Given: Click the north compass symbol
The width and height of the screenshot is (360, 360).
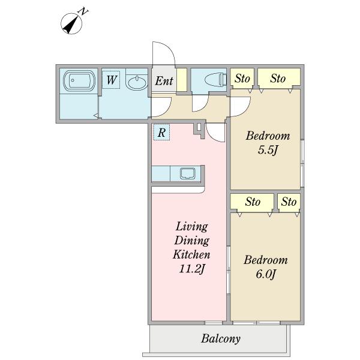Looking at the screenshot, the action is click(x=71, y=23).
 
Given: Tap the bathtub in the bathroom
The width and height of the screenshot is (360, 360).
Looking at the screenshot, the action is click(x=79, y=81).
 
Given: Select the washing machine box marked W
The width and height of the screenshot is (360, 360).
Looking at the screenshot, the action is click(x=111, y=80).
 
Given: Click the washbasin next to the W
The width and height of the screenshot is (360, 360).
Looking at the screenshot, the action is click(x=137, y=83).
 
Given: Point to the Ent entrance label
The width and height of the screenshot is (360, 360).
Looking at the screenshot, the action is click(x=164, y=81).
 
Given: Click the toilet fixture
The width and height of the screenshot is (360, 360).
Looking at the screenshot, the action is click(x=215, y=80).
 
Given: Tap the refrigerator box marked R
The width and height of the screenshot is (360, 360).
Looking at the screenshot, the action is click(x=161, y=133).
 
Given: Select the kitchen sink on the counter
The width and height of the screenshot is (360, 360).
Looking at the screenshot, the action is click(x=188, y=173).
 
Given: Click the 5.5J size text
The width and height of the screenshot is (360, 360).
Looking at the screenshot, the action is click(x=268, y=151).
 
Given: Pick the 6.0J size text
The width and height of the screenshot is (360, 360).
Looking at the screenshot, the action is click(x=266, y=274).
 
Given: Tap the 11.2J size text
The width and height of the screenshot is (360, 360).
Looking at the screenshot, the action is click(x=192, y=269).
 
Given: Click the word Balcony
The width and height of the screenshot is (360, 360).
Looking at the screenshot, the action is click(x=221, y=339).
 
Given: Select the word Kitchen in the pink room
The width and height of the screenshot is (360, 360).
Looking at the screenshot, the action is click(x=191, y=254).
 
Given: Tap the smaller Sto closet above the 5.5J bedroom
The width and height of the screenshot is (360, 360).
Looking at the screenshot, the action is click(x=242, y=79).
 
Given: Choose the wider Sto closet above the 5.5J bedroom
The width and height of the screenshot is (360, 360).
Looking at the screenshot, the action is click(x=279, y=79).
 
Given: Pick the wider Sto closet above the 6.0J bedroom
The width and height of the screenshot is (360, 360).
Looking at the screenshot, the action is click(x=253, y=202).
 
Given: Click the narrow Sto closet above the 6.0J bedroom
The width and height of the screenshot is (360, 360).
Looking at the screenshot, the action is click(x=289, y=202).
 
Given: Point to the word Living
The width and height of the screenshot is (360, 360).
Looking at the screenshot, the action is click(x=192, y=227).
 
